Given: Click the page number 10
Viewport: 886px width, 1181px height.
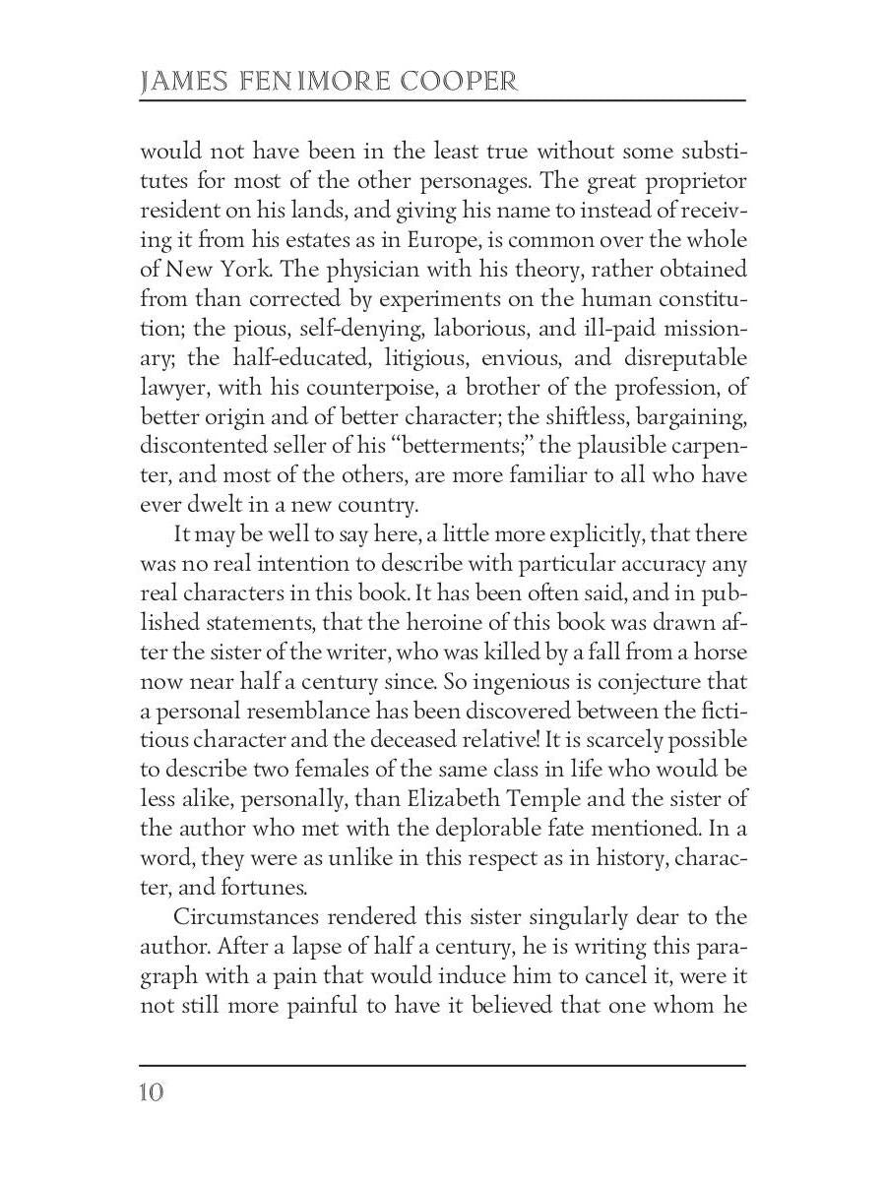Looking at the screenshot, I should pos(153,1092).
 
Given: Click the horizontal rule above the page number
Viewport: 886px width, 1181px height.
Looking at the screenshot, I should pos(442,1065).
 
